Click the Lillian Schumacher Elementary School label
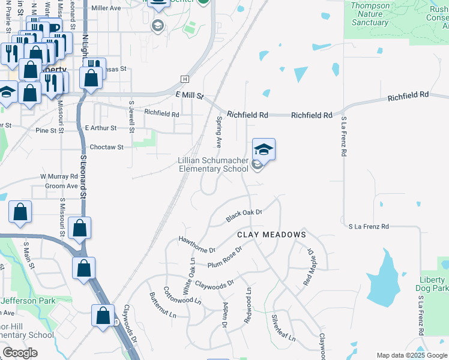(x=213, y=165)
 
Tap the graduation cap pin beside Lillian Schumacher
(x=264, y=149)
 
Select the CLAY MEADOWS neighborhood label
(x=271, y=235)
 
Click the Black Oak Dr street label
(x=244, y=216)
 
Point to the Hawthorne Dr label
(x=196, y=244)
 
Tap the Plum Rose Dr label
(x=224, y=257)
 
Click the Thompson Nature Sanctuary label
(x=370, y=14)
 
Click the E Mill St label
(x=190, y=96)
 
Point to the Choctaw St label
(x=106, y=147)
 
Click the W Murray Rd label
(x=59, y=177)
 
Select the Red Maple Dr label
(x=310, y=266)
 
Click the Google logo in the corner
(x=20, y=353)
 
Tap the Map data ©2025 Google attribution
(x=412, y=355)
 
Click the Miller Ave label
(x=106, y=8)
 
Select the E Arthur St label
(x=100, y=128)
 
